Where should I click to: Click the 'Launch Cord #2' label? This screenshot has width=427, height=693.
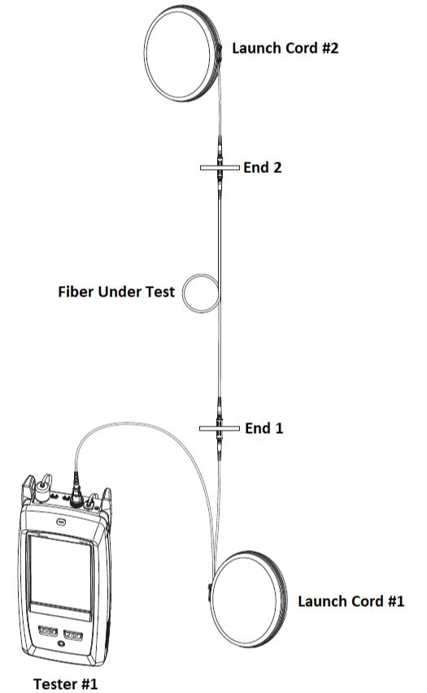pyautogui.click(x=285, y=48)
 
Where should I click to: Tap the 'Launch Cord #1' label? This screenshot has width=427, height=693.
pyautogui.click(x=351, y=601)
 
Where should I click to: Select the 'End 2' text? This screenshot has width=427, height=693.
pyautogui.click(x=263, y=167)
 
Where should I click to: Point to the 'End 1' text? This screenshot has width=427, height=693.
pyautogui.click(x=264, y=428)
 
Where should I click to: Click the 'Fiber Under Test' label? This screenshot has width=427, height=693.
pyautogui.click(x=116, y=292)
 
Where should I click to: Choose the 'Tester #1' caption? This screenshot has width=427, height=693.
pyautogui.click(x=66, y=683)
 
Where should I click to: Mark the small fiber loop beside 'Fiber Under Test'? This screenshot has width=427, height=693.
pyautogui.click(x=183, y=293)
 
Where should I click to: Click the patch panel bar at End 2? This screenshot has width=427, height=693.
pyautogui.click(x=220, y=167)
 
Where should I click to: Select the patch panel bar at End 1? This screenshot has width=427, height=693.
pyautogui.click(x=220, y=428)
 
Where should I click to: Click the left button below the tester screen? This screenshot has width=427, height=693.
pyautogui.click(x=49, y=631)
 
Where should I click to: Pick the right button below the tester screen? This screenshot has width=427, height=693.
pyautogui.click(x=73, y=635)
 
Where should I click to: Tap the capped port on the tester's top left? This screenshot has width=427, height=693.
pyautogui.click(x=42, y=490)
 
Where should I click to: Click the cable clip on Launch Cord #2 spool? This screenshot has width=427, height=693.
pyautogui.click(x=219, y=52)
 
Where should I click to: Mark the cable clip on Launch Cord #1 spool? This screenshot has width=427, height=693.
pyautogui.click(x=210, y=591)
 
